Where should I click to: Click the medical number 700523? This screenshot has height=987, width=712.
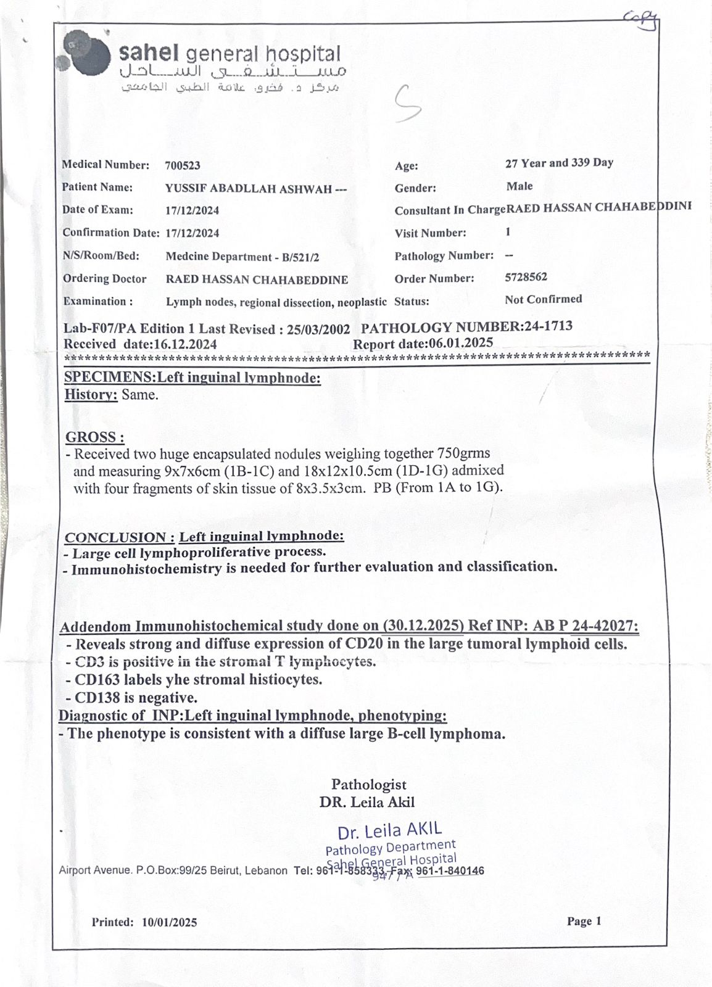click(x=183, y=165)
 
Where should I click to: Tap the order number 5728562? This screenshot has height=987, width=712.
click(x=526, y=277)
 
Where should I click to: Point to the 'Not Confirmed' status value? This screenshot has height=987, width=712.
click(x=543, y=299)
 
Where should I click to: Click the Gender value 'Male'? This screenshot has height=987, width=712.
click(x=520, y=186)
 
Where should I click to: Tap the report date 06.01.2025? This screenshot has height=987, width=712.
click(x=460, y=343)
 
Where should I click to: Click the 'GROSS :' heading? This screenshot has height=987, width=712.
click(x=95, y=437)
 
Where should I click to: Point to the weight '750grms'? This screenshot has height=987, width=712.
click(x=463, y=453)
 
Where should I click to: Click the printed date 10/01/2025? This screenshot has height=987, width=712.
click(x=169, y=922)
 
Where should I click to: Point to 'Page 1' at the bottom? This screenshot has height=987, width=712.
click(x=584, y=921)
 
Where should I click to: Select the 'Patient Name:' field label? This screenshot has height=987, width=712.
click(x=97, y=187)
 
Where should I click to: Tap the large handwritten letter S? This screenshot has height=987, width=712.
click(x=408, y=104)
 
